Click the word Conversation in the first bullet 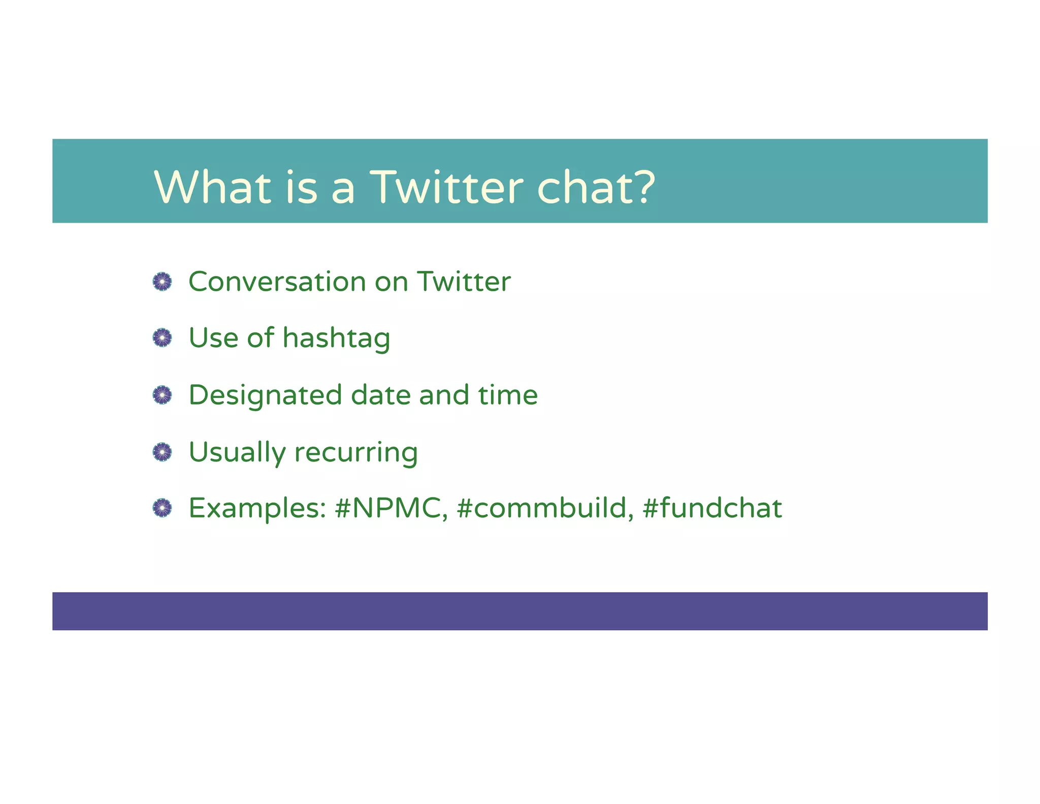pos(277,282)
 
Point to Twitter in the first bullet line pos(464,282)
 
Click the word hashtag pos(336,338)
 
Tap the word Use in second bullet pos(213,338)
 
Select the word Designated pos(265,395)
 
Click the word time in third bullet pos(508,395)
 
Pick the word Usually pos(237,452)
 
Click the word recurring pos(356,452)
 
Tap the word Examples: pos(257,508)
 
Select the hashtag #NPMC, pos(391,508)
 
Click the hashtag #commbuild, pos(545,508)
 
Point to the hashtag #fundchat pos(712,508)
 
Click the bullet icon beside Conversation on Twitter pos(162,282)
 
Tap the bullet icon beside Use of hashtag pos(162,337)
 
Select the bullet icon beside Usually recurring pos(162,452)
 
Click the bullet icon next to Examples pos(162,508)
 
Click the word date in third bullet pos(381,395)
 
